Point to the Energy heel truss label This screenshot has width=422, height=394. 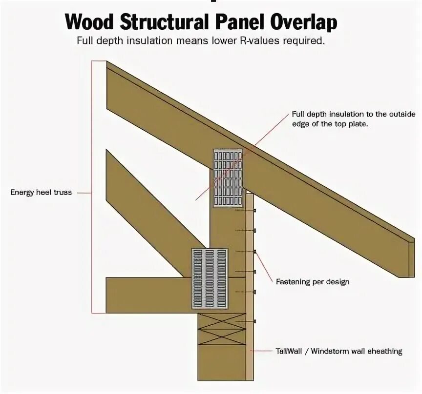click(41, 193)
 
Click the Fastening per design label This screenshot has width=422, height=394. click(313, 282)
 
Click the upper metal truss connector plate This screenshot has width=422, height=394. click(228, 177)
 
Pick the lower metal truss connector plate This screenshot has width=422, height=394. click(210, 278)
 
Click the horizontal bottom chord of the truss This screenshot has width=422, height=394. click(147, 295)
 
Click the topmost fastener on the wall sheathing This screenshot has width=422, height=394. click(254, 210)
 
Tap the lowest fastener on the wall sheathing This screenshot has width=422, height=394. click(254, 321)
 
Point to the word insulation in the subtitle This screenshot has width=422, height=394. click(150, 41)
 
